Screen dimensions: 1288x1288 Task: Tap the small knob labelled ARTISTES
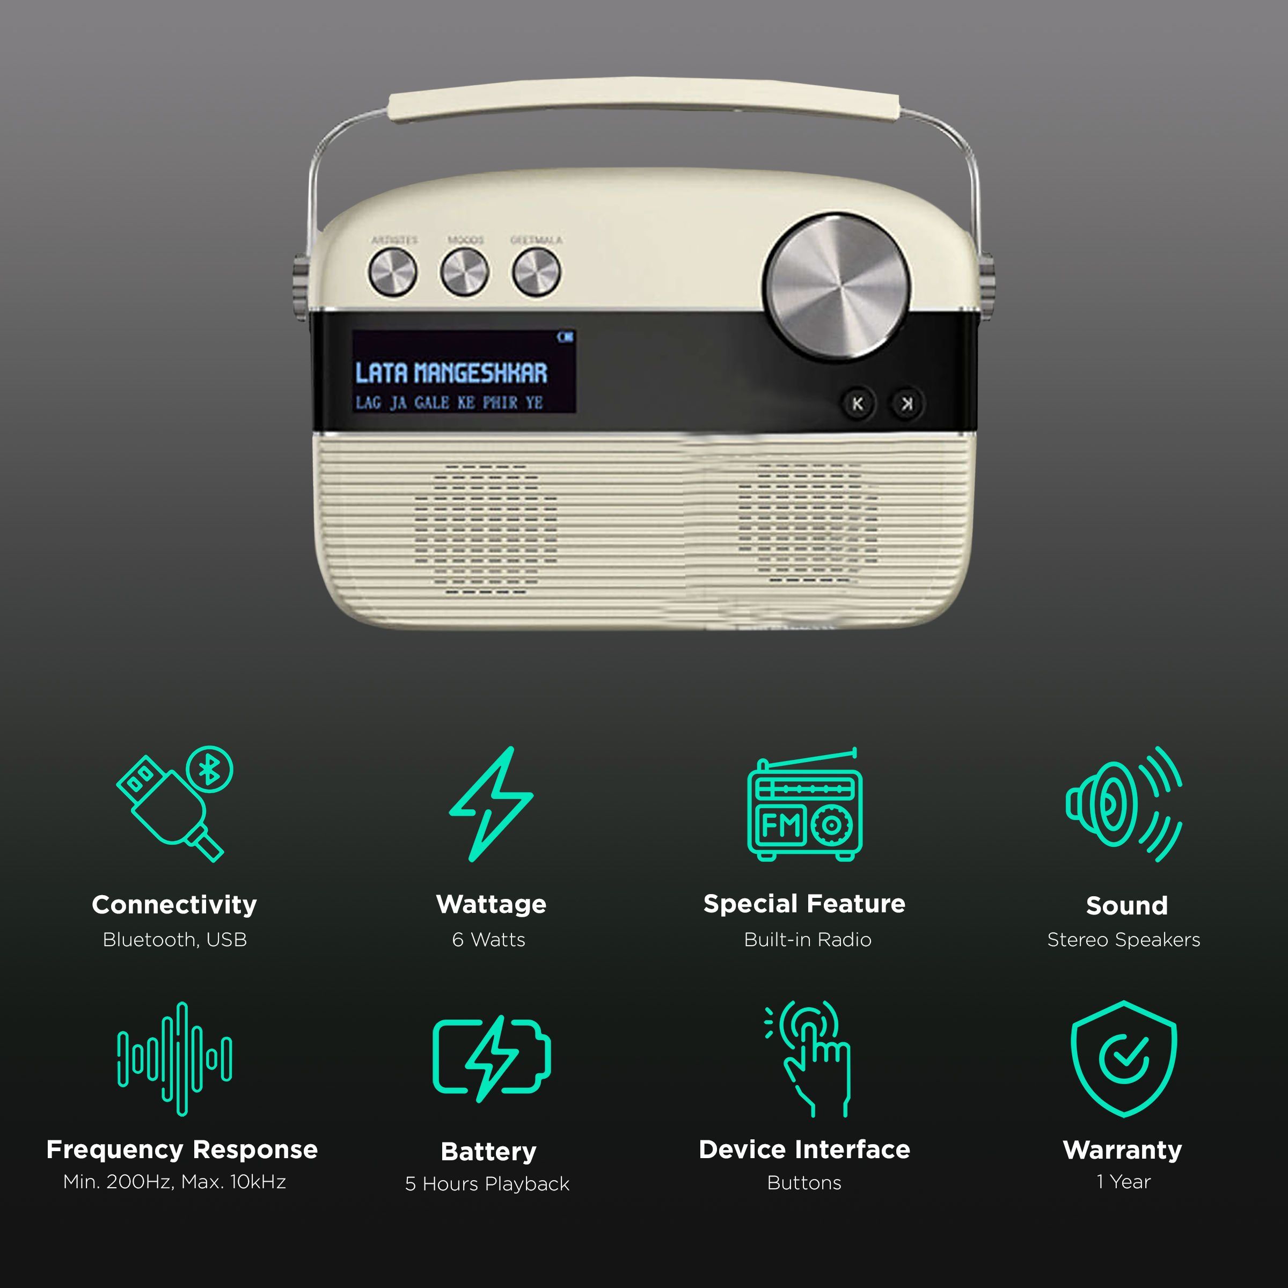click(393, 272)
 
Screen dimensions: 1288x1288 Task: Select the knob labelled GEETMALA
click(536, 272)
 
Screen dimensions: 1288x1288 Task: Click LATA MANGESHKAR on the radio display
click(451, 372)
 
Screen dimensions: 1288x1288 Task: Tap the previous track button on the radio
click(858, 404)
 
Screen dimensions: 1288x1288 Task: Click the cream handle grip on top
click(643, 100)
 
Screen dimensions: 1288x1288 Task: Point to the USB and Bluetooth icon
click(174, 803)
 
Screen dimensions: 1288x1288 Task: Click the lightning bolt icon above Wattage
click(492, 803)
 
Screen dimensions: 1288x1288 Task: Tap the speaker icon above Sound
click(1123, 804)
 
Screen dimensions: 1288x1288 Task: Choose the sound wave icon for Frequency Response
click(174, 1059)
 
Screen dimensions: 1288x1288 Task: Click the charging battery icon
click(492, 1059)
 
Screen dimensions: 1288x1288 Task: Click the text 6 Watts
click(489, 939)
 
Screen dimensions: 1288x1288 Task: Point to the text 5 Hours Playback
click(487, 1183)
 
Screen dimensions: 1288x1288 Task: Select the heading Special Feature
click(804, 903)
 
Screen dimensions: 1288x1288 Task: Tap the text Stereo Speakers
click(1123, 939)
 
